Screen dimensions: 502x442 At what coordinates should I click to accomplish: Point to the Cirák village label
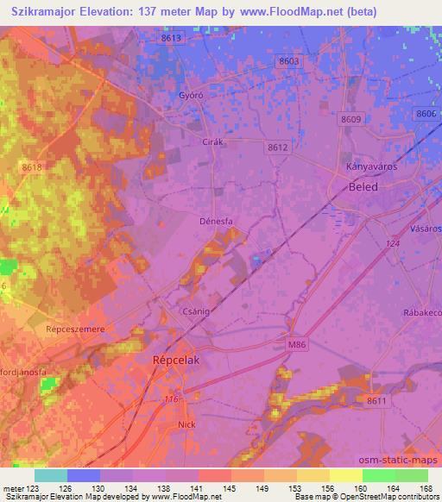212,141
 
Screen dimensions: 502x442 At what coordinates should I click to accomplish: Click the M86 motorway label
296,344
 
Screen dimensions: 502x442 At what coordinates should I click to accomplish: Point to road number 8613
172,39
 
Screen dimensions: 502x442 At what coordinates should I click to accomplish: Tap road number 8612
277,147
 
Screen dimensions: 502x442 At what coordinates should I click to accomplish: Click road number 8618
33,166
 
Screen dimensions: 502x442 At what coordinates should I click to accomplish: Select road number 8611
376,401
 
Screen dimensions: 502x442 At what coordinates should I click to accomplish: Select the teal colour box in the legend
50,475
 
